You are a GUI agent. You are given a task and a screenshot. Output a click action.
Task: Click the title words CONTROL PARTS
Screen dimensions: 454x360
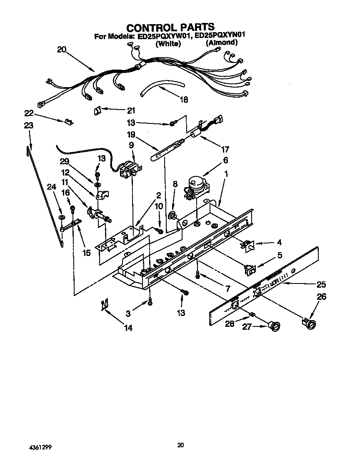[170, 28]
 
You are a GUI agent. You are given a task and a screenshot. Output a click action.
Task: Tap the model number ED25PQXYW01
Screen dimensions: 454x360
[164, 36]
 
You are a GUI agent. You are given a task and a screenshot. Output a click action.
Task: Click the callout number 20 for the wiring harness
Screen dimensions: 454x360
[62, 49]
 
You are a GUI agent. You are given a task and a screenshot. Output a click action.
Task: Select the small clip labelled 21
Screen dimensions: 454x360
[97, 110]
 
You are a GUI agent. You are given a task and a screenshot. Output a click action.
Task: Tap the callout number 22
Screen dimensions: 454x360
[28, 113]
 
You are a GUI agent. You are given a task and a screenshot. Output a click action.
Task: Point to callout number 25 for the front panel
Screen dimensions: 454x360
[321, 285]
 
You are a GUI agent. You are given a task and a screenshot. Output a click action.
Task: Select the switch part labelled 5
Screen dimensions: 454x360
[250, 270]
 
